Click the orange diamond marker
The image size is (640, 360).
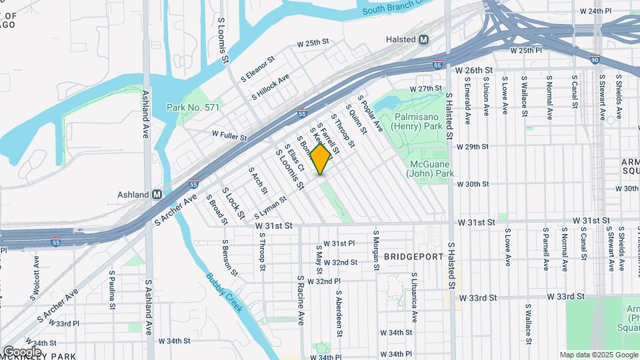[321, 159]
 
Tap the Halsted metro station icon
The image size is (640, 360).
[423, 40]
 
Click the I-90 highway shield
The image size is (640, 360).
[595, 60]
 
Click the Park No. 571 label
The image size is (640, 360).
[193, 107]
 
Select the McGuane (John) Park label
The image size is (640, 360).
[429, 169]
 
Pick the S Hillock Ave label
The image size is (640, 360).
[270, 87]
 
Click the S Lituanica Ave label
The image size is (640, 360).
[413, 293]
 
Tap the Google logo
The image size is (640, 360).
[21, 351]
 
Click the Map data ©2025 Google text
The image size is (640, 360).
[598, 355]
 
